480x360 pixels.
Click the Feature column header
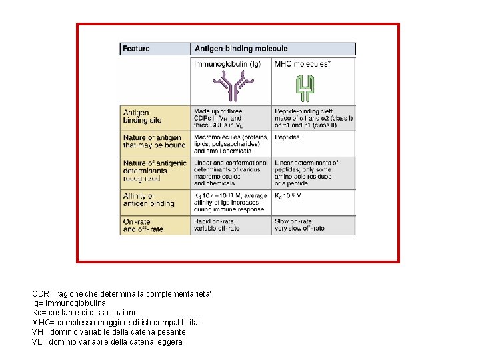[137, 49]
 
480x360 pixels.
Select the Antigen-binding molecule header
[241, 49]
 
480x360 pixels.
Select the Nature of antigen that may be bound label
[154, 141]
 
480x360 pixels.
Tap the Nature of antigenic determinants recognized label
[154, 170]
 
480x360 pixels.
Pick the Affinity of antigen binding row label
[148, 199]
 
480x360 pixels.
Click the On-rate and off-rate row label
[143, 225]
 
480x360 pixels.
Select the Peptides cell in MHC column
[287, 137]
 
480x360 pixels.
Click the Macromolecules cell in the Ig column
[231, 143]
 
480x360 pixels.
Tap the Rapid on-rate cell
[217, 225]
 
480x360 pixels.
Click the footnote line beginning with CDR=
[121, 293]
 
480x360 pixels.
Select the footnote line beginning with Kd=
[85, 312]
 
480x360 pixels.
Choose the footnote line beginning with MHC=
[115, 322]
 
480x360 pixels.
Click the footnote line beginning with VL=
[107, 341]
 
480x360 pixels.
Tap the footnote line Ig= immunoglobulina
[69, 303]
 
